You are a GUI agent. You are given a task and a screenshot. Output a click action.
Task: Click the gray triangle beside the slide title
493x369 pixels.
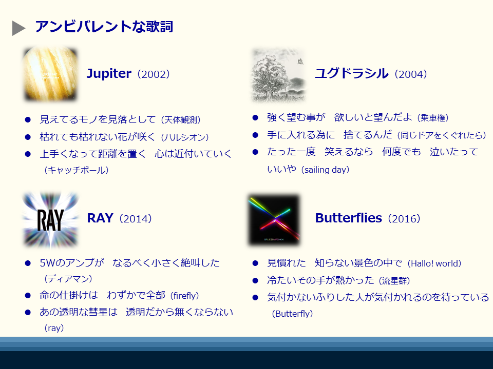coord(18,28)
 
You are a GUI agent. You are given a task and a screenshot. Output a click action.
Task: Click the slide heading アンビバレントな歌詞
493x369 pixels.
coord(104,26)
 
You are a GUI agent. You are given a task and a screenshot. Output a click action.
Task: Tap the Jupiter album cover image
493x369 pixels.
coord(51,74)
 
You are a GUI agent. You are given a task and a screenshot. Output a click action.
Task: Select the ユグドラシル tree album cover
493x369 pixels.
coord(278,75)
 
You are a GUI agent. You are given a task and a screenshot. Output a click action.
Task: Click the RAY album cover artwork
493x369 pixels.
coord(51,220)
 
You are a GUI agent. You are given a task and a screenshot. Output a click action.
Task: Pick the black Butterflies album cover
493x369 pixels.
coord(275,220)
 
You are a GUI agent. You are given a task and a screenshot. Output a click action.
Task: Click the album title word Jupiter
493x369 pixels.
coord(109,74)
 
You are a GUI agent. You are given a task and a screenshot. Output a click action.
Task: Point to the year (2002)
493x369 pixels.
coord(154,74)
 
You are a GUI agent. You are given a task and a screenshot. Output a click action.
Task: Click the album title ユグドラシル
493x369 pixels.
coord(351,73)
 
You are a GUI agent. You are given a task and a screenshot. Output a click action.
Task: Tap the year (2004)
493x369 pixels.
coord(411,74)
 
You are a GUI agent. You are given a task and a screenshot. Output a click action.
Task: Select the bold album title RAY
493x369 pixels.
coord(100,218)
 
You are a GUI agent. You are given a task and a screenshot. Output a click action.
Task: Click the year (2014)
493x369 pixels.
coord(135,219)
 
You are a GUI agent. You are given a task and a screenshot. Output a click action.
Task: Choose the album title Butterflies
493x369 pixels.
coord(348,218)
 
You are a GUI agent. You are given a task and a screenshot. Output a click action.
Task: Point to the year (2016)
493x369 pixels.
coord(404,219)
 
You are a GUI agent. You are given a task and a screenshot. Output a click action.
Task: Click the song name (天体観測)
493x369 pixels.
coord(181,120)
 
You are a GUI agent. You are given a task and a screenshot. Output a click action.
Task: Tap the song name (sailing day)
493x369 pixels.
coord(325,170)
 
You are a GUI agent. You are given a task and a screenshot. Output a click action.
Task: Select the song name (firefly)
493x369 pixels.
coord(184,296)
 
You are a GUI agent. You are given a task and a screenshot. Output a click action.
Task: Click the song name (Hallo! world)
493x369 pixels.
coord(434,263)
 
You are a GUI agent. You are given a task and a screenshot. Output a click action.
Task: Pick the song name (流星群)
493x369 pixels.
coord(394,280)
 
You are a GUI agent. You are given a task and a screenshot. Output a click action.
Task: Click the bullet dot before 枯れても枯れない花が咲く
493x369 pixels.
coord(28,137)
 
